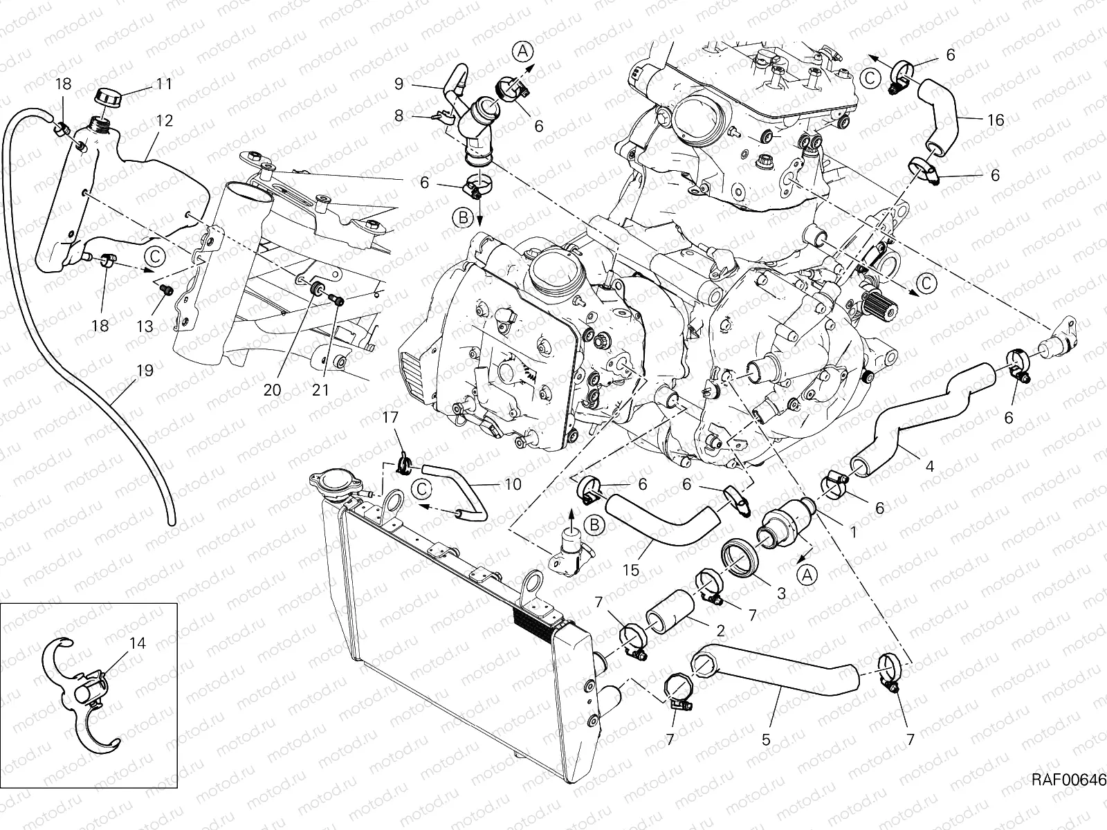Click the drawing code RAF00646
[x=1069, y=780]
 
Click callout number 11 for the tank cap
[x=163, y=84]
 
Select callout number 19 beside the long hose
[x=145, y=371]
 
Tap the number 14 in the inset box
[x=137, y=643]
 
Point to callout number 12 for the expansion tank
[x=164, y=120]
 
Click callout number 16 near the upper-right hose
[x=995, y=120]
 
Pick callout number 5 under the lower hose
[x=765, y=739]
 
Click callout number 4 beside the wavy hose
[x=929, y=467]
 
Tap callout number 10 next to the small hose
[x=513, y=485]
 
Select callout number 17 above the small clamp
[x=391, y=417]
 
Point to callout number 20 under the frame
[x=272, y=389]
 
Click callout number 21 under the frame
[x=320, y=389]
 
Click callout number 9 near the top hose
[x=399, y=84]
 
